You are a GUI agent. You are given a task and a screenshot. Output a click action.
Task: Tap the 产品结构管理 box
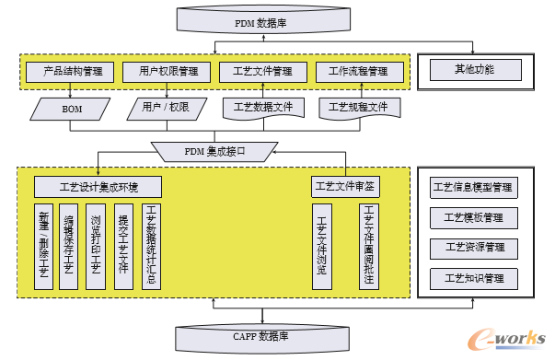(71, 70)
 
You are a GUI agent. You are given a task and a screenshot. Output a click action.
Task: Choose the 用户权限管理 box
(167, 70)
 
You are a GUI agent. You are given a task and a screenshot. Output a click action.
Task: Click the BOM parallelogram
(71, 109)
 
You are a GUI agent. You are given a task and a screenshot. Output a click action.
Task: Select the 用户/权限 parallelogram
(167, 109)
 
